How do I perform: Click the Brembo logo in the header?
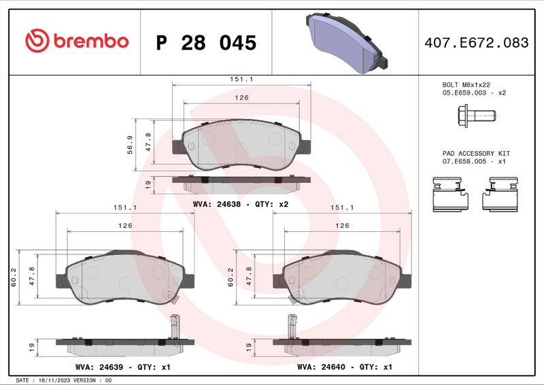click(76, 41)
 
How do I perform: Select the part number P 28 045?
click(206, 42)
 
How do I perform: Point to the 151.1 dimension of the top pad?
click(241, 80)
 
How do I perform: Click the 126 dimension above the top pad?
click(241, 98)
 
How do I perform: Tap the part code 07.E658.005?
click(466, 161)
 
